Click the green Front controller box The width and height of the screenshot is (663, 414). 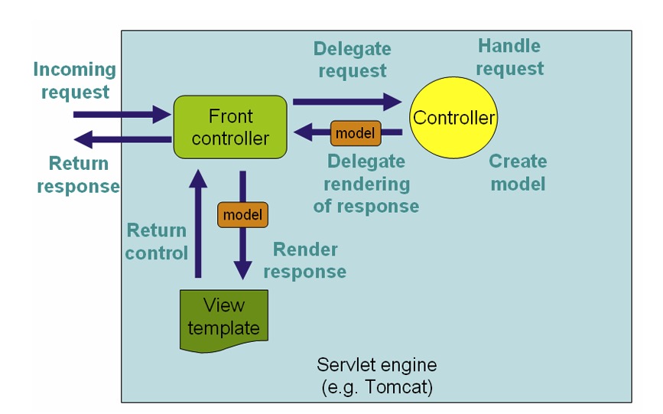pyautogui.click(x=230, y=127)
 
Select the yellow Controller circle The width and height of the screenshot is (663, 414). pyautogui.click(x=453, y=118)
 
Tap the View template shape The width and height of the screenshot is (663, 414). pyautogui.click(x=224, y=321)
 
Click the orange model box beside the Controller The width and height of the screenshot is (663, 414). pyautogui.click(x=356, y=133)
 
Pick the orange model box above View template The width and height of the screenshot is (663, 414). pyautogui.click(x=242, y=214)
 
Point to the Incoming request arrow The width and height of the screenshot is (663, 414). pyautogui.click(x=122, y=114)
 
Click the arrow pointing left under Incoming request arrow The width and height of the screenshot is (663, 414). pyautogui.click(x=122, y=139)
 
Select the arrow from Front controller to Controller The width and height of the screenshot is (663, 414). pyautogui.click(x=347, y=102)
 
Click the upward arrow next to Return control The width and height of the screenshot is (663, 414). pyautogui.click(x=198, y=223)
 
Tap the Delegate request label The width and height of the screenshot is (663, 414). pyautogui.click(x=353, y=60)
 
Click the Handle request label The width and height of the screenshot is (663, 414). pyautogui.click(x=509, y=57)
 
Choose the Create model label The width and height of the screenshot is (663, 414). pyautogui.click(x=518, y=173)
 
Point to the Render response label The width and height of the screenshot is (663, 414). pyautogui.click(x=305, y=260)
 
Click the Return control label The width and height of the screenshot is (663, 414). pyautogui.click(x=157, y=242)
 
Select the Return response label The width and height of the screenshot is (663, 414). pyautogui.click(x=78, y=174)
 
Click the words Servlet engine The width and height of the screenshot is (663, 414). pyautogui.click(x=377, y=365)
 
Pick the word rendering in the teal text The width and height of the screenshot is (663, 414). pyautogui.click(x=366, y=184)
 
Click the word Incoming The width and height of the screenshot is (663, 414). pyautogui.click(x=74, y=70)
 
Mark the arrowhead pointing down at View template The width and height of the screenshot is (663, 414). pyautogui.click(x=242, y=270)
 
